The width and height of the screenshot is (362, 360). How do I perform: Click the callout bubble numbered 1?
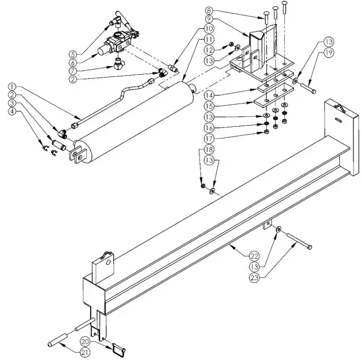(11, 87)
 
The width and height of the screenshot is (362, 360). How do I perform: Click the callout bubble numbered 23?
(257, 277)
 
